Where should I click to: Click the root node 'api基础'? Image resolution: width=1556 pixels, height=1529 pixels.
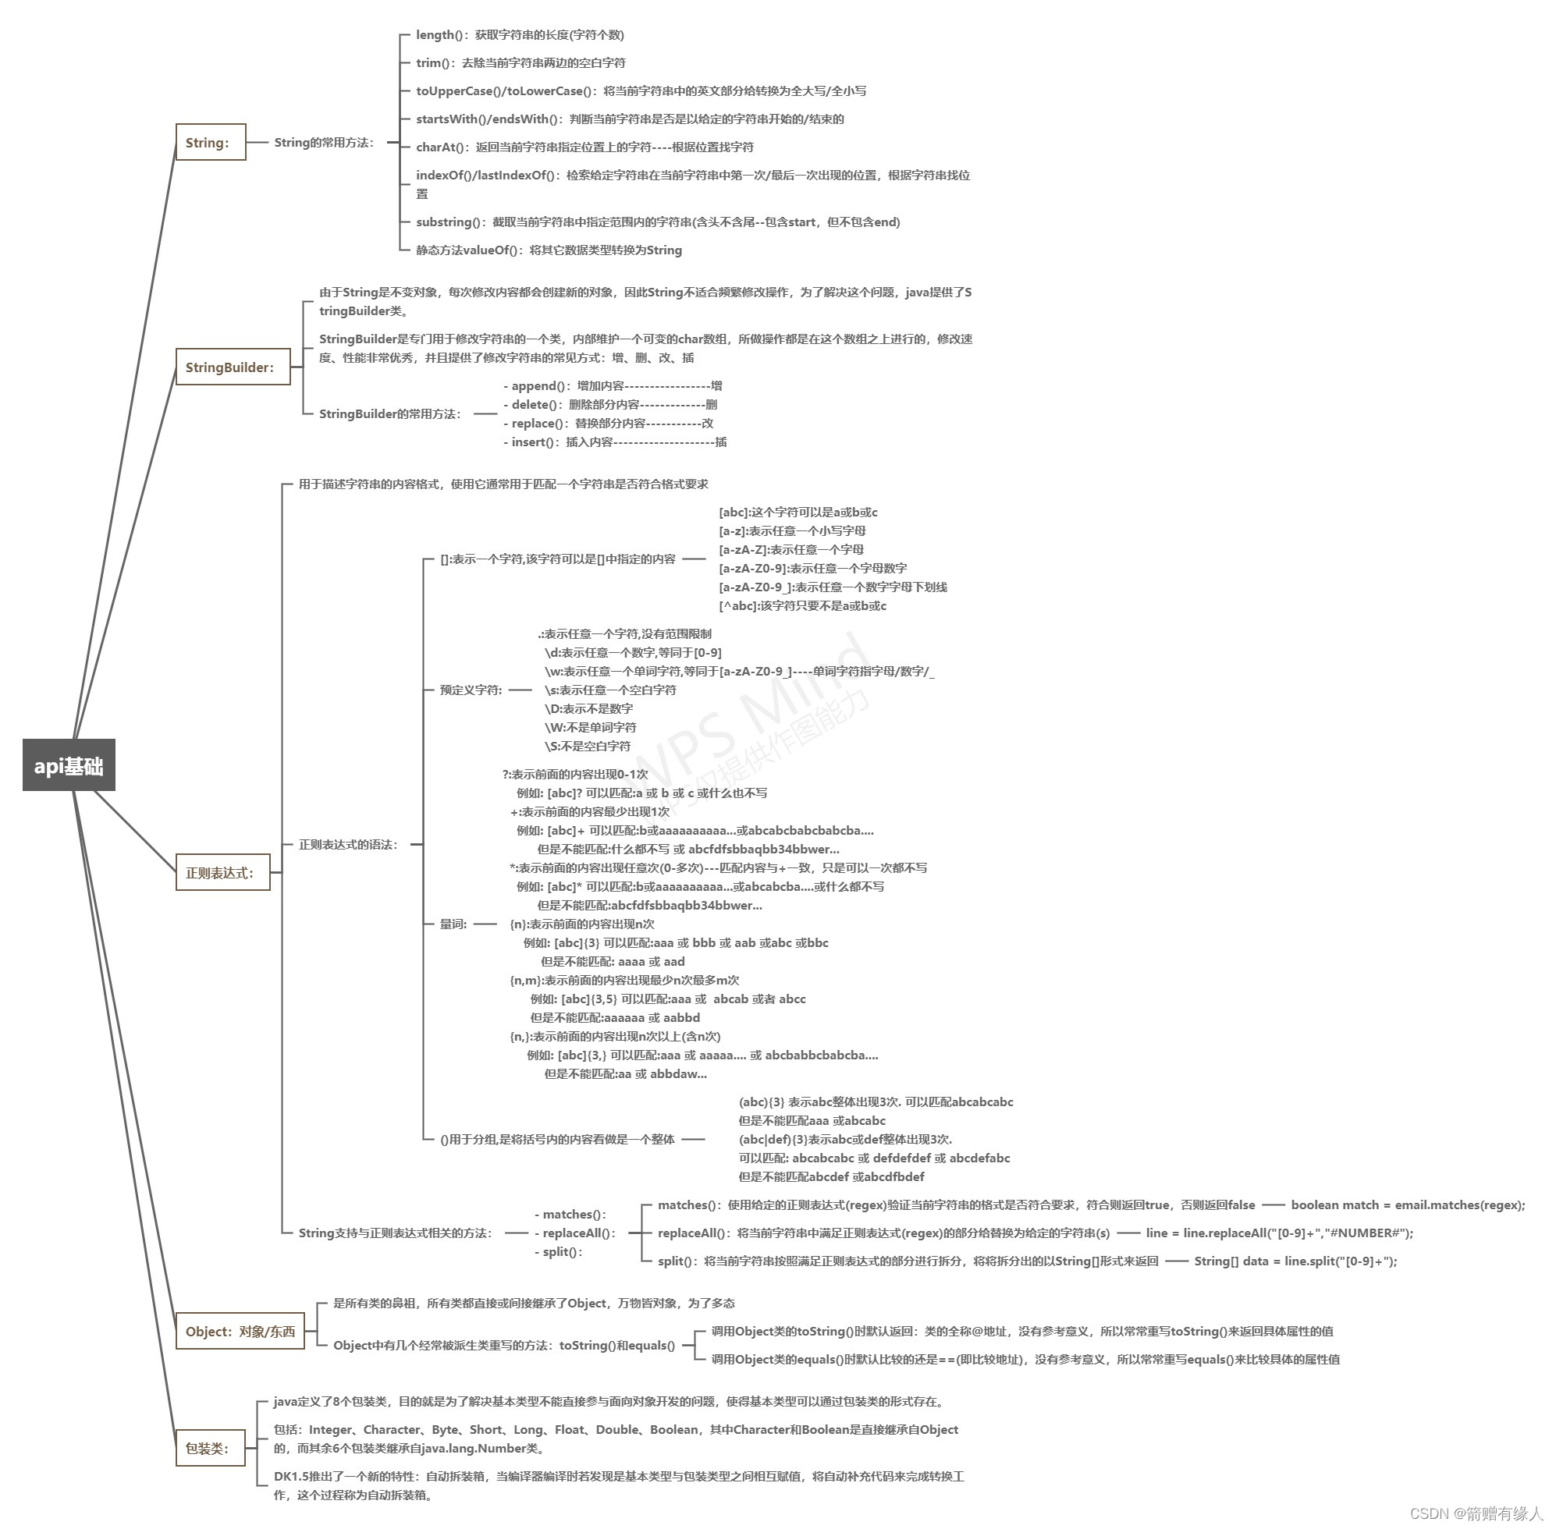point(69,764)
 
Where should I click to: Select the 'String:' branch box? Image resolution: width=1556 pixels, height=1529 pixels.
point(210,142)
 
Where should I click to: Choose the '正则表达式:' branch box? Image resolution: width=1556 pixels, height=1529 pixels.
point(222,872)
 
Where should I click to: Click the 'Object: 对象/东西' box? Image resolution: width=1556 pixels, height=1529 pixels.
point(240,1331)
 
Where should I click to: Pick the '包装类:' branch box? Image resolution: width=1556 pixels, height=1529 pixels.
point(210,1448)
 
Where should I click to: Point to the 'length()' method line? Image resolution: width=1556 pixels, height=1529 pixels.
point(519,34)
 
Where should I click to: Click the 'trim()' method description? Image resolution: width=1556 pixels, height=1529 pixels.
point(520,62)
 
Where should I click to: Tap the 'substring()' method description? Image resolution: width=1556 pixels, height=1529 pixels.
point(657,222)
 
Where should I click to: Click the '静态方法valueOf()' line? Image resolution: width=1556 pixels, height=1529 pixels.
point(548,250)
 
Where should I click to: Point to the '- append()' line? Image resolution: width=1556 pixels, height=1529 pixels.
point(612,385)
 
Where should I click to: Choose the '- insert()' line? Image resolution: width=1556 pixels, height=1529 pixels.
point(615,442)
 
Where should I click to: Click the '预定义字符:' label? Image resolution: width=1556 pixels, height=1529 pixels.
point(470,689)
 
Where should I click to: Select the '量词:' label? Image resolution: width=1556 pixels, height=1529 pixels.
point(453,924)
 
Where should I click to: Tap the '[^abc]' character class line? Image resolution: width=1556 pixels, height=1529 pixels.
point(801,605)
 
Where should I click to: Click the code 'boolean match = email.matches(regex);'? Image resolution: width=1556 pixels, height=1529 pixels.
point(1408,1204)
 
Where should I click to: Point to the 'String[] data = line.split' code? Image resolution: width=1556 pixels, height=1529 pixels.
point(1295,1261)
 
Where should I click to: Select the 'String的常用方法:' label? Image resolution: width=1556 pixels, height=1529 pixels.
point(324,142)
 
